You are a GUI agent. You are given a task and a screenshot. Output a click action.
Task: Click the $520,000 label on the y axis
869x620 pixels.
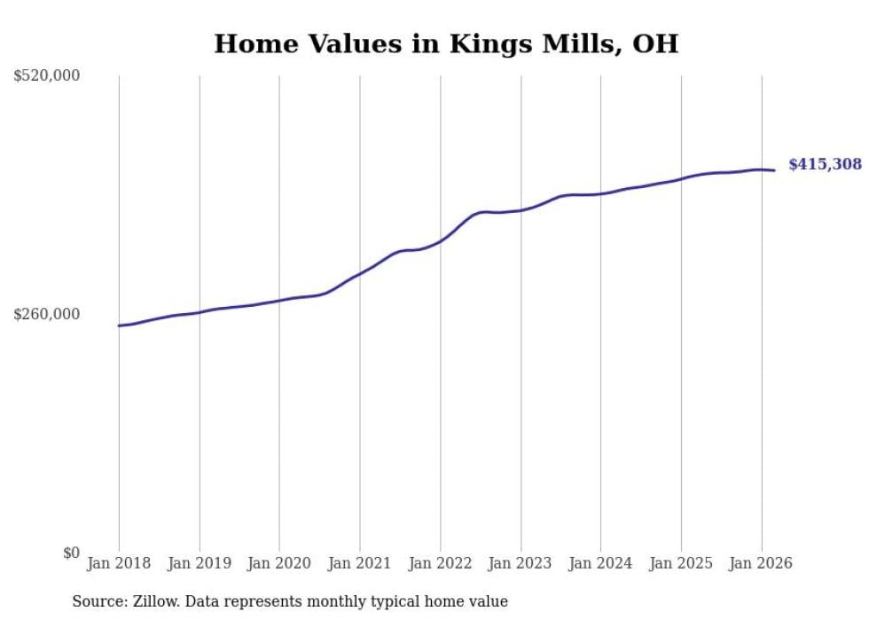[x=47, y=76]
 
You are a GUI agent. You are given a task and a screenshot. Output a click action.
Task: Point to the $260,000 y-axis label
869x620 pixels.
[x=47, y=314]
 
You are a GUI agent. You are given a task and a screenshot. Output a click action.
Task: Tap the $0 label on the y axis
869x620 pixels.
[x=71, y=553]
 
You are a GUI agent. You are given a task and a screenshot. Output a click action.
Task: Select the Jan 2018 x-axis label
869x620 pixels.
[x=119, y=563]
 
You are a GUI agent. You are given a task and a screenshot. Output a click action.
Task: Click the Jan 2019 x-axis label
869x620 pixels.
[x=199, y=563]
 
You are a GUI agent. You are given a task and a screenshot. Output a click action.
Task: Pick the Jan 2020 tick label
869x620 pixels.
[x=279, y=563]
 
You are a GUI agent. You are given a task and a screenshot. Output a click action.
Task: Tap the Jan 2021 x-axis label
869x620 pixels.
[x=359, y=563]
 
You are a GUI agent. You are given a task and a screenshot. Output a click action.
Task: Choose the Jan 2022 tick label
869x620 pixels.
[x=440, y=563]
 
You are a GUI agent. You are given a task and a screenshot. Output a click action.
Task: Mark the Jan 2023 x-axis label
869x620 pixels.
[x=520, y=563]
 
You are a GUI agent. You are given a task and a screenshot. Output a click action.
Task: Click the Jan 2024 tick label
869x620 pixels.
[x=600, y=563]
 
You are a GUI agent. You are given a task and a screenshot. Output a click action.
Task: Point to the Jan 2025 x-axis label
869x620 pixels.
[x=680, y=563]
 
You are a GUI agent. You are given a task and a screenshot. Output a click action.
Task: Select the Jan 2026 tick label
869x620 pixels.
[x=761, y=563]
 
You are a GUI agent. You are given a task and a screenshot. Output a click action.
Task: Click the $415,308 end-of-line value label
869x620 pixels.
[x=825, y=164]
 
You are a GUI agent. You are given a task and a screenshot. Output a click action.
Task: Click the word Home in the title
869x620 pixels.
[x=249, y=43]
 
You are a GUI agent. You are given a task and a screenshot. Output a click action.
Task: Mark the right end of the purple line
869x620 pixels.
[x=775, y=170]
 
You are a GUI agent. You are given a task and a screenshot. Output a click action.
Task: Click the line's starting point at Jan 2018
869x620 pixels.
[x=119, y=326]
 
